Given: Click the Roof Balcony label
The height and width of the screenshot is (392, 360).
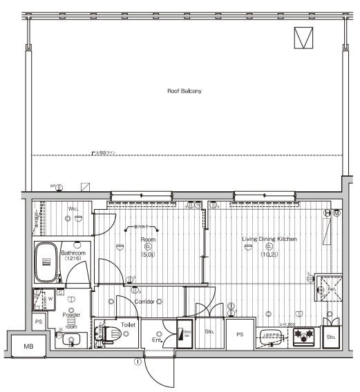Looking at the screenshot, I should coord(184,90).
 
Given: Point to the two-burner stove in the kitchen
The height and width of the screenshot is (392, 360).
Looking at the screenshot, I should coord(303,337).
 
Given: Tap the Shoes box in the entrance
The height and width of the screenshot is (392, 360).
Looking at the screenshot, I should coord(184,335).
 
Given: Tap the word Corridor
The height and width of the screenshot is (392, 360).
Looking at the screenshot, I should coord(143,302).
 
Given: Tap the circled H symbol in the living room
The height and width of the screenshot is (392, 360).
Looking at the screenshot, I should coord(328,214).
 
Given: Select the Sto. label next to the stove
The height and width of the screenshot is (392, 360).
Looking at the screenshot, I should coord(331,337).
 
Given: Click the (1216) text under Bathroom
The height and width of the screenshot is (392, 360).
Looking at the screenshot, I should coord(73,259).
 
